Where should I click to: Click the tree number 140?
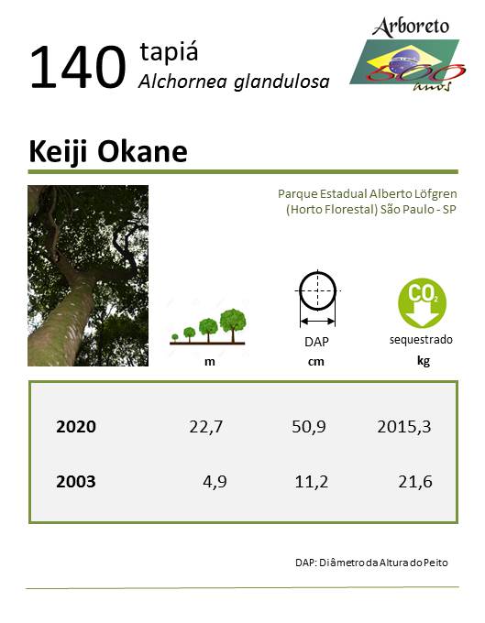[78, 67]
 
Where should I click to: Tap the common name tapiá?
[169, 52]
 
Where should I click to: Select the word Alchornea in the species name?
[182, 82]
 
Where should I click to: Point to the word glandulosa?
[281, 82]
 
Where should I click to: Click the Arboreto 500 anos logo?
[407, 54]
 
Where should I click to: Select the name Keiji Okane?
[108, 152]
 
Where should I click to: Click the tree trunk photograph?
[88, 276]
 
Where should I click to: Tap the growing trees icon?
[207, 326]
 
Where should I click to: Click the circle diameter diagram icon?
[317, 299]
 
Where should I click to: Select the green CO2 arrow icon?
[422, 302]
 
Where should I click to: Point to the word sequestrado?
[421, 340]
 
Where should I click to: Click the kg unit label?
[424, 361]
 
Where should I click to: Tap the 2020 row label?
[76, 427]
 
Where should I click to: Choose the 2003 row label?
[76, 482]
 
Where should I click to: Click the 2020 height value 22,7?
[206, 427]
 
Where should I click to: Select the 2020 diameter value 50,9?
[308, 427]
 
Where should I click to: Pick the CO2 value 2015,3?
[404, 427]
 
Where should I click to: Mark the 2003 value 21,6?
[415, 482]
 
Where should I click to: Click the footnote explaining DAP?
[371, 563]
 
